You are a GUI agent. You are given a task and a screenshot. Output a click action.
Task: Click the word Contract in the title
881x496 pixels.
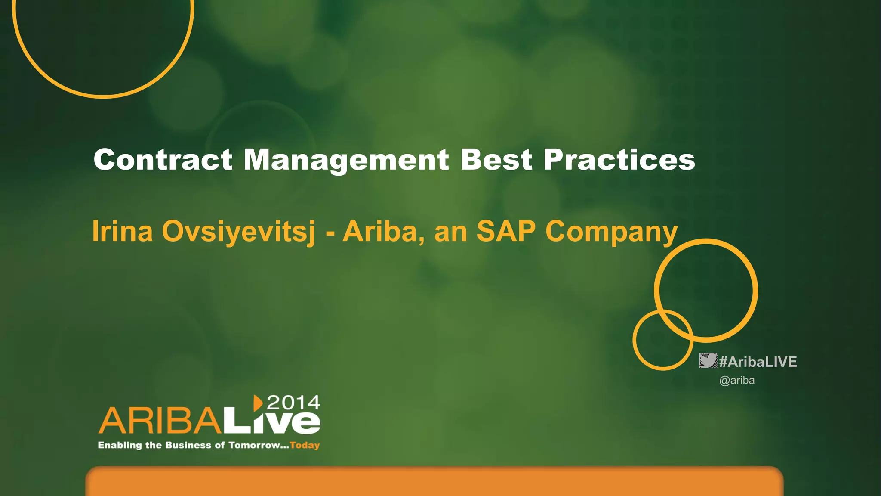(x=163, y=160)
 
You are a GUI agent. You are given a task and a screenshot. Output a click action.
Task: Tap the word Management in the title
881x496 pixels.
(x=346, y=160)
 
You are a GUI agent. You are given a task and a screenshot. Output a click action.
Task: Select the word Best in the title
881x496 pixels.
(x=496, y=160)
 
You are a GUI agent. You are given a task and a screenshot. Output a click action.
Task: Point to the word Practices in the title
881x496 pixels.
(x=619, y=160)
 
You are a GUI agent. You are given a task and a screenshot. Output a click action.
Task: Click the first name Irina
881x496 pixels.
(x=123, y=231)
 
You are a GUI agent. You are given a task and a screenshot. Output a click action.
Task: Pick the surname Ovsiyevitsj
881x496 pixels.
(x=239, y=231)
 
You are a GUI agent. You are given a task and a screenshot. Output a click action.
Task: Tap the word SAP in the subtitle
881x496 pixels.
(x=506, y=231)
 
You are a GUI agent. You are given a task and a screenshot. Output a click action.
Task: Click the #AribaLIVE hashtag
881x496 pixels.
(x=758, y=362)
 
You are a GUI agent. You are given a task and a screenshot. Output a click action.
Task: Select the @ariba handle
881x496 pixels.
(x=737, y=381)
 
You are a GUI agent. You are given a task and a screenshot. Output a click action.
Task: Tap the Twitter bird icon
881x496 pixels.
(x=708, y=361)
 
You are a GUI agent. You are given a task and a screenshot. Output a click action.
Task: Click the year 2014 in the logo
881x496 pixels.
(x=293, y=403)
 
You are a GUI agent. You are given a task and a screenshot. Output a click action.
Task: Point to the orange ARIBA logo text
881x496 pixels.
(x=160, y=421)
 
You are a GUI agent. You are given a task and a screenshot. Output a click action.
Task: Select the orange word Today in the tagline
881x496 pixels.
(x=305, y=445)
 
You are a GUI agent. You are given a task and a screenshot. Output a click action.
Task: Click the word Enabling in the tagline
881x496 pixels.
(x=120, y=445)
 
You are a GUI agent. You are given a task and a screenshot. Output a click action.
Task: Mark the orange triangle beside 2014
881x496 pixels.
(x=258, y=403)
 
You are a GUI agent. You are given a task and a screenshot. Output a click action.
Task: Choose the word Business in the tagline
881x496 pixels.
(x=189, y=445)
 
